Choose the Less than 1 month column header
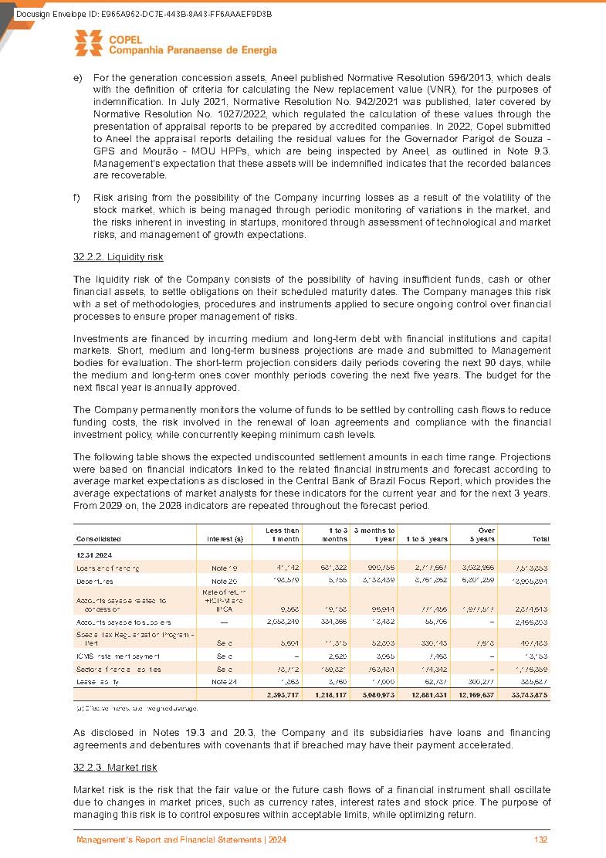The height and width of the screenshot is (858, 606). [x=282, y=534]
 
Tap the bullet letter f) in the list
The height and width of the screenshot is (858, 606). [x=77, y=197]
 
